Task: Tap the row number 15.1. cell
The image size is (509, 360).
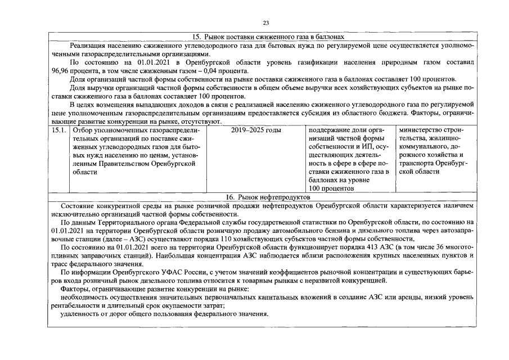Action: point(59,130)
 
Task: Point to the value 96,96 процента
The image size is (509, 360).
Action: point(74,71)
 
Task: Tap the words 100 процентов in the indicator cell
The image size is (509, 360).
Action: point(333,188)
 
